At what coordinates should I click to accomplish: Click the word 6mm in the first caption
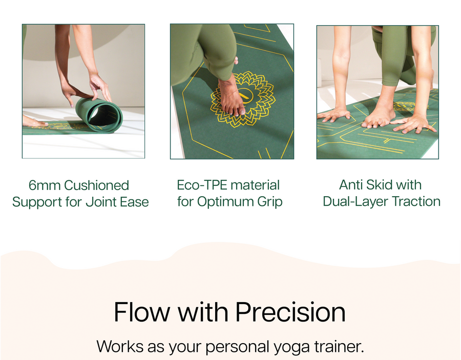click(x=45, y=185)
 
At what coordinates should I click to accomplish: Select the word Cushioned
click(x=96, y=185)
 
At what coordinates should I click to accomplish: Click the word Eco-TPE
click(x=202, y=185)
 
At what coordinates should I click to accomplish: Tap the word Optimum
click(x=225, y=202)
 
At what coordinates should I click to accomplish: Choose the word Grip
click(x=269, y=202)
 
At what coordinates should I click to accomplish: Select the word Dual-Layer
click(x=356, y=202)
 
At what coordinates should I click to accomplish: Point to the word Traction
click(x=416, y=202)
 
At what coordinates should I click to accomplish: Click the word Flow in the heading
click(x=142, y=312)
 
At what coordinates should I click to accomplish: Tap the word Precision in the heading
click(x=290, y=312)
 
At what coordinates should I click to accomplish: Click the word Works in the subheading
click(x=120, y=346)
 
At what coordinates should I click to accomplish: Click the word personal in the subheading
click(x=238, y=347)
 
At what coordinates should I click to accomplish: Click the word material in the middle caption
click(x=255, y=185)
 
